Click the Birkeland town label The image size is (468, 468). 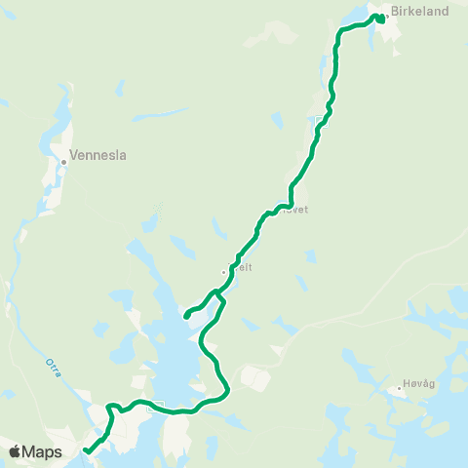click(x=419, y=12)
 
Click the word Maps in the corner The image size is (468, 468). click(x=44, y=451)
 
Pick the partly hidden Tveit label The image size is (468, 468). click(x=240, y=267)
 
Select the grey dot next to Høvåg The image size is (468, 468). click(x=399, y=388)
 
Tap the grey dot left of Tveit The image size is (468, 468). click(x=224, y=272)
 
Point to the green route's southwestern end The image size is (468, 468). click(x=86, y=450)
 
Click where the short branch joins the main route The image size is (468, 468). click(x=221, y=302)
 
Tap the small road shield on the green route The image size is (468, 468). click(x=149, y=409)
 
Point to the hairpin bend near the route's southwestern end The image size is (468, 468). click(x=111, y=407)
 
